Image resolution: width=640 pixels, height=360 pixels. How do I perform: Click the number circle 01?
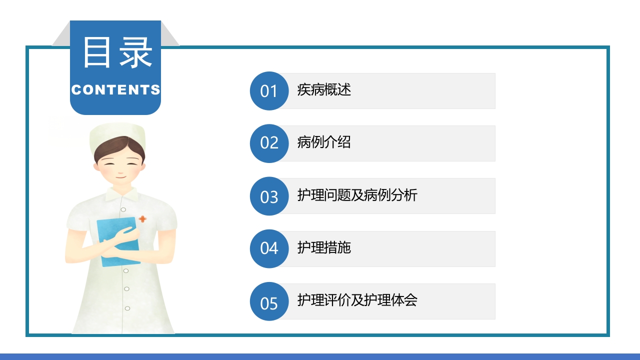click(269, 91)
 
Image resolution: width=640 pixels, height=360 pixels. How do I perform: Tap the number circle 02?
click(269, 143)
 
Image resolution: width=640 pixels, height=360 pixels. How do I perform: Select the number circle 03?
click(269, 196)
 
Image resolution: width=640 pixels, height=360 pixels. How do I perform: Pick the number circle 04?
click(269, 248)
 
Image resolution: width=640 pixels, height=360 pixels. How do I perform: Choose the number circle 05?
click(269, 301)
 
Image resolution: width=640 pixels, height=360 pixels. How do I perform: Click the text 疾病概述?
click(324, 90)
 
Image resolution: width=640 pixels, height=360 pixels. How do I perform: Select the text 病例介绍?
click(324, 142)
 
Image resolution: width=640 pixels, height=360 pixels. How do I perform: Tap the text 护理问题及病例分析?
click(357, 195)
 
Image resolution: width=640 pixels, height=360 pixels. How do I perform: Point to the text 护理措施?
click(324, 247)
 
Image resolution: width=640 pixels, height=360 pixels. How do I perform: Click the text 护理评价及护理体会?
click(357, 300)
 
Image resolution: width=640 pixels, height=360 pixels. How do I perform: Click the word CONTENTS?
click(115, 90)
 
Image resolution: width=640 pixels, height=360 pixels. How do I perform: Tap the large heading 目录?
click(117, 52)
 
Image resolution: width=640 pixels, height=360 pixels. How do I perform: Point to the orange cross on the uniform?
click(142, 219)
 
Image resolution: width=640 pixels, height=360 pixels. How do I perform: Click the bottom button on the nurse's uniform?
click(127, 308)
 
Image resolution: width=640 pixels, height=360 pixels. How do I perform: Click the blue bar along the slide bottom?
click(320, 356)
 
